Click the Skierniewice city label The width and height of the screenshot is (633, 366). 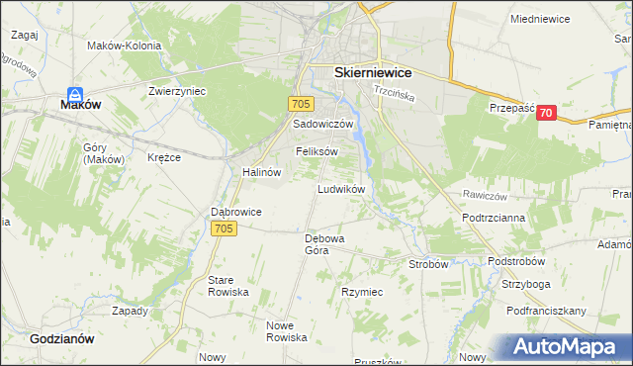[373, 73]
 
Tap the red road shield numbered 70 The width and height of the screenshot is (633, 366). [545, 114]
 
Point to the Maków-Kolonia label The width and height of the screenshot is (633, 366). [124, 44]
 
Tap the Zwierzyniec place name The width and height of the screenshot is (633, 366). [177, 90]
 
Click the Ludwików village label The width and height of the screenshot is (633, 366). [342, 188]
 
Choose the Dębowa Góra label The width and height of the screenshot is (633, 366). [323, 244]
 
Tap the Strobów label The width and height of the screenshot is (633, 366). [429, 264]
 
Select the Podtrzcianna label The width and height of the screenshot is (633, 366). [494, 217]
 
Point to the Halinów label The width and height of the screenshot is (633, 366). [262, 171]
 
